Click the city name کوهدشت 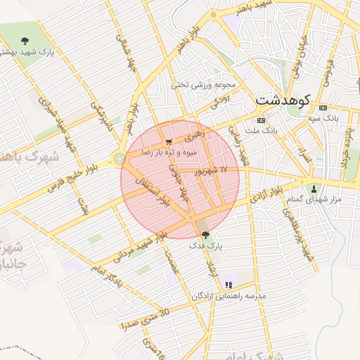click(x=282, y=100)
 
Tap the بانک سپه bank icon click(x=323, y=108)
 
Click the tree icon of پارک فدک click(x=205, y=234)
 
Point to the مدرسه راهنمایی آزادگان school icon click(x=228, y=285)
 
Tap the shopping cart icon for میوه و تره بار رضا click(x=168, y=142)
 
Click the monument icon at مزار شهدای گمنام click(x=314, y=188)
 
